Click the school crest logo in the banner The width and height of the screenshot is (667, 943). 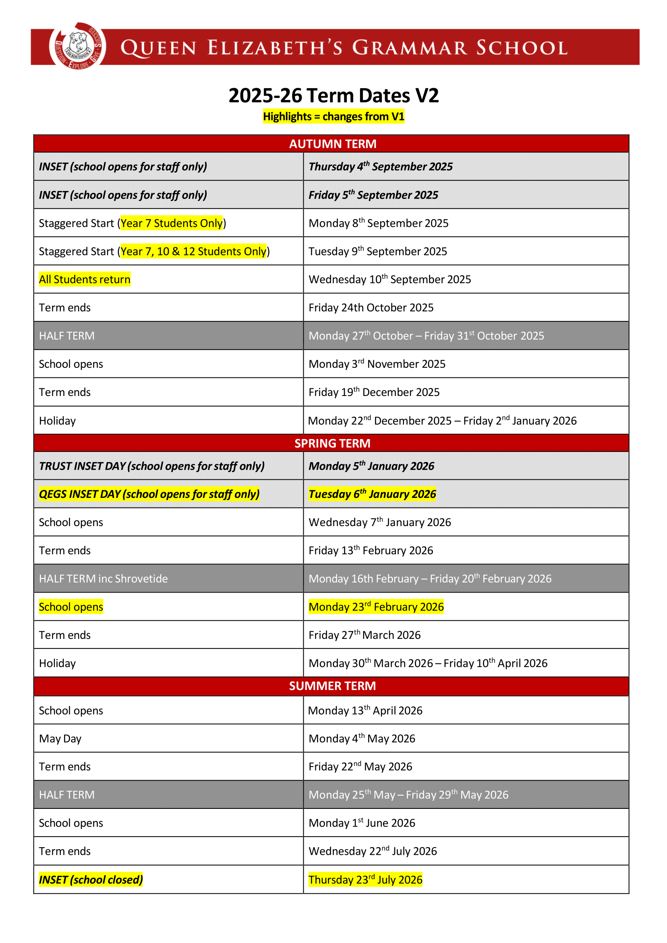pos(77,46)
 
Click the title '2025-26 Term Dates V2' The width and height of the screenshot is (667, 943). pos(333,95)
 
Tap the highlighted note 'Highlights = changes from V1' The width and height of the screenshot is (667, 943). pos(333,117)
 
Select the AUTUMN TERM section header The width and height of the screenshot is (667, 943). pos(333,144)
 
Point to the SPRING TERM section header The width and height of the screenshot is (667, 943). pos(333,443)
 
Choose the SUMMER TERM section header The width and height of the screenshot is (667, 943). pos(333,686)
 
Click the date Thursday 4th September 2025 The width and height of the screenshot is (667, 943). pos(380,167)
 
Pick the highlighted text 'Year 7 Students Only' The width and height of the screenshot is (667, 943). pos(171,223)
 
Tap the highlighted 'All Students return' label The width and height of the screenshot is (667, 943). pos(85,279)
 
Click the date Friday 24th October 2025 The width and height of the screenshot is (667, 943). pos(371,308)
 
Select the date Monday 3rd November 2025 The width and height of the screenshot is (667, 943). pos(377,364)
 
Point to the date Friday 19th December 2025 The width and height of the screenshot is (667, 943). pos(374,392)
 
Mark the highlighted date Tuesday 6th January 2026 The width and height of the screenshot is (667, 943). pos(372,494)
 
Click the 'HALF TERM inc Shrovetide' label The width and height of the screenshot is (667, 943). pos(104,579)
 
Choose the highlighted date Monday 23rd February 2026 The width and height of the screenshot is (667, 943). pos(376,607)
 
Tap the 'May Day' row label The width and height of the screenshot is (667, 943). pos(60,739)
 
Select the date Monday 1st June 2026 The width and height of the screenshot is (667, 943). pos(362,823)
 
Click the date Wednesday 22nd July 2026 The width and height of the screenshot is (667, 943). pos(373,852)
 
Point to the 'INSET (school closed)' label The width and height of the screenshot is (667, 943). pos(91,880)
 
